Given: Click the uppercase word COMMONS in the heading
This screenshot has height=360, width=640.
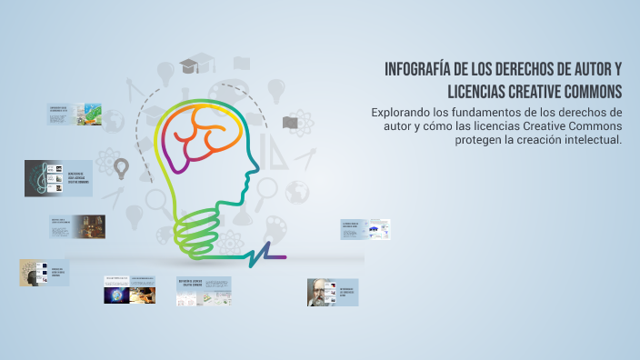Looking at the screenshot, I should point(590,92).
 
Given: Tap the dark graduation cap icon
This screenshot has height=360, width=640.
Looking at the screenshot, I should point(189,66).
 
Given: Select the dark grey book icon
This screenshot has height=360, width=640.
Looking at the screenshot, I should point(290,123).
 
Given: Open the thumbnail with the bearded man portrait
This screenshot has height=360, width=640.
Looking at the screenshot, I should point(320,292).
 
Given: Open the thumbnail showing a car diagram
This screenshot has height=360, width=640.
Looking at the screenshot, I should point(377,229).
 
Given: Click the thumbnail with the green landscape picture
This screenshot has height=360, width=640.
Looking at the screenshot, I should point(89,114).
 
